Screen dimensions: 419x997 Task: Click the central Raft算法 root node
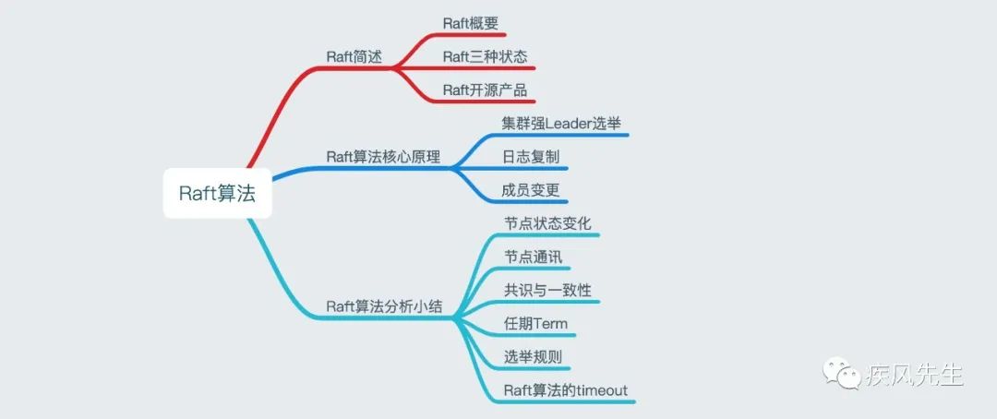click(218, 193)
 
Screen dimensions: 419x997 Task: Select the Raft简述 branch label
click(353, 55)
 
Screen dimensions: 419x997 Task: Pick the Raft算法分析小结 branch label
click(383, 306)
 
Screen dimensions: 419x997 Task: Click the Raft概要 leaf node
click(470, 23)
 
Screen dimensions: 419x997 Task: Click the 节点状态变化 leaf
click(547, 223)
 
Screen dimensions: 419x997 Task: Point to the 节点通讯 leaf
click(533, 257)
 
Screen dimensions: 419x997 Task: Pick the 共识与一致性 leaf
click(547, 290)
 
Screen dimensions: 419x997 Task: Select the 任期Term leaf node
click(535, 323)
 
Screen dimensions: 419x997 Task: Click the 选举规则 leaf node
click(533, 357)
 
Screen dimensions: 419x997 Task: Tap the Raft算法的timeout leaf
click(565, 390)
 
